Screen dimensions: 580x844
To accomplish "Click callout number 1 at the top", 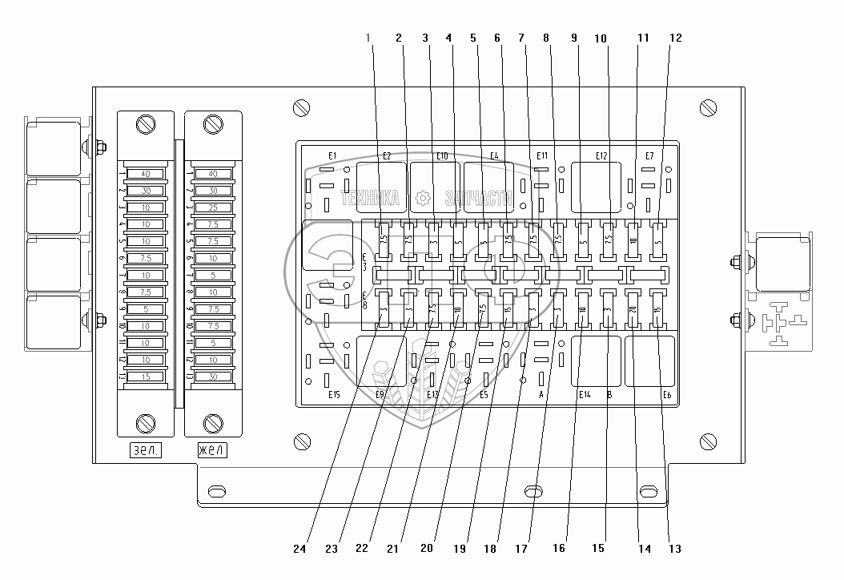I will click(368, 38).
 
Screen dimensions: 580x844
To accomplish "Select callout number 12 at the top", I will click(676, 38).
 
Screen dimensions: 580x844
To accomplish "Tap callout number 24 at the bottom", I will click(300, 550).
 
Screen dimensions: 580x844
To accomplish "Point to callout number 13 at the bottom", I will click(676, 550).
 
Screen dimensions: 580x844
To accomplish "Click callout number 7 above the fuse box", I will click(522, 38).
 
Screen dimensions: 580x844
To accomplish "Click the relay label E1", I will click(332, 155).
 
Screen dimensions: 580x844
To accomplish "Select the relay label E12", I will click(602, 155).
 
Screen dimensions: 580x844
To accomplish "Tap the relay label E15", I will click(334, 394).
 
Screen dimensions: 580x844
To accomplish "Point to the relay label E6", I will click(666, 394).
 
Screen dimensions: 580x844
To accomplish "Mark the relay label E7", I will click(649, 155).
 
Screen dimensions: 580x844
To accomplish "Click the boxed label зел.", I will click(145, 451).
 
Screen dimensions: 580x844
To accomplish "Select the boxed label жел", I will click(212, 451).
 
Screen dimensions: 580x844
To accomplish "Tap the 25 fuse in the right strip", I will click(213, 207).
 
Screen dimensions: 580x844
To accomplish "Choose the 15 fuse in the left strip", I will click(146, 377).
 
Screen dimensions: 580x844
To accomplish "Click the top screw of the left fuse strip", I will click(146, 125).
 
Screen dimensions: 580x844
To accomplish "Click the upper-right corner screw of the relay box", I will click(707, 107).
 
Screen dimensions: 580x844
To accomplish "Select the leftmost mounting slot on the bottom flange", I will click(216, 490).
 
